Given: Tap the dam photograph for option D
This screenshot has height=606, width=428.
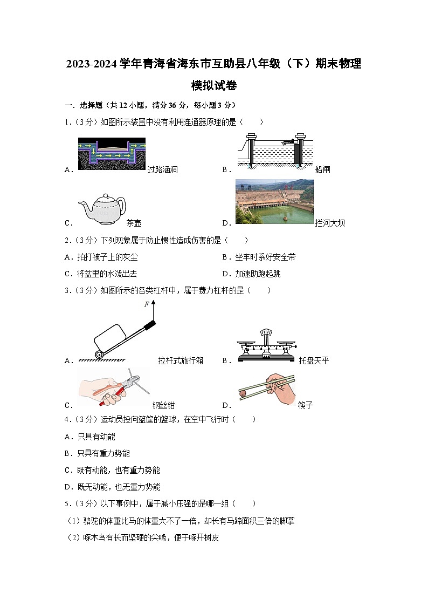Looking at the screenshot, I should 274,202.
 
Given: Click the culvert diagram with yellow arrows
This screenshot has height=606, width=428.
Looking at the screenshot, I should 112,154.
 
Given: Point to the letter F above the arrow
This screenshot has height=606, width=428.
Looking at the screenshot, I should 146,304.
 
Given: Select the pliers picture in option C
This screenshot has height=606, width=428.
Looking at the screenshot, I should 113,387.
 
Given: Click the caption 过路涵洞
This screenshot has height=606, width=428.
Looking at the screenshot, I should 163,170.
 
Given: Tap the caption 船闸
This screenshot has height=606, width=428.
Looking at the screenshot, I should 322,170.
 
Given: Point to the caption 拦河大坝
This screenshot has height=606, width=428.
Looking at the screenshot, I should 330,223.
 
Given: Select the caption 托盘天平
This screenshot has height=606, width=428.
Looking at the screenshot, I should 313,360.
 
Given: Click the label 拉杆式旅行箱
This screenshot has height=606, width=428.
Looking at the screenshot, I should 181,360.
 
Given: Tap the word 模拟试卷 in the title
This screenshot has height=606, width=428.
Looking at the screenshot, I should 214,86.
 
